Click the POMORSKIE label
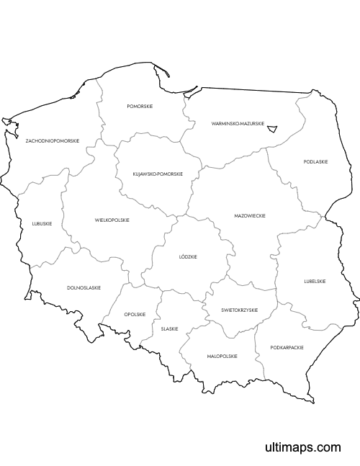(x=140, y=106)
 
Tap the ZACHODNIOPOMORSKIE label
(x=52, y=140)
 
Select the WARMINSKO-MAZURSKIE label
(x=238, y=124)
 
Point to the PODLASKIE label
(x=315, y=162)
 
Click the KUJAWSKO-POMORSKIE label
(x=158, y=174)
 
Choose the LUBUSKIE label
(x=42, y=223)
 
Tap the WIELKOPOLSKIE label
(x=112, y=220)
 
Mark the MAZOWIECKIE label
(x=250, y=215)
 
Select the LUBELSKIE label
(x=315, y=281)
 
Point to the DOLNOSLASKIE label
(x=84, y=287)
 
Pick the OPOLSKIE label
(x=135, y=314)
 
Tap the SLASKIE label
(x=170, y=328)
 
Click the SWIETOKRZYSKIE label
(x=240, y=310)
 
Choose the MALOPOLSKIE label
(x=222, y=356)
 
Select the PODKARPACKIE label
(x=287, y=347)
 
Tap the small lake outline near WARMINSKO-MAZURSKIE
(x=272, y=128)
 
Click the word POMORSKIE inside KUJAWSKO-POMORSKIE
(x=170, y=174)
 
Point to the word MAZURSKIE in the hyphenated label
(x=251, y=124)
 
